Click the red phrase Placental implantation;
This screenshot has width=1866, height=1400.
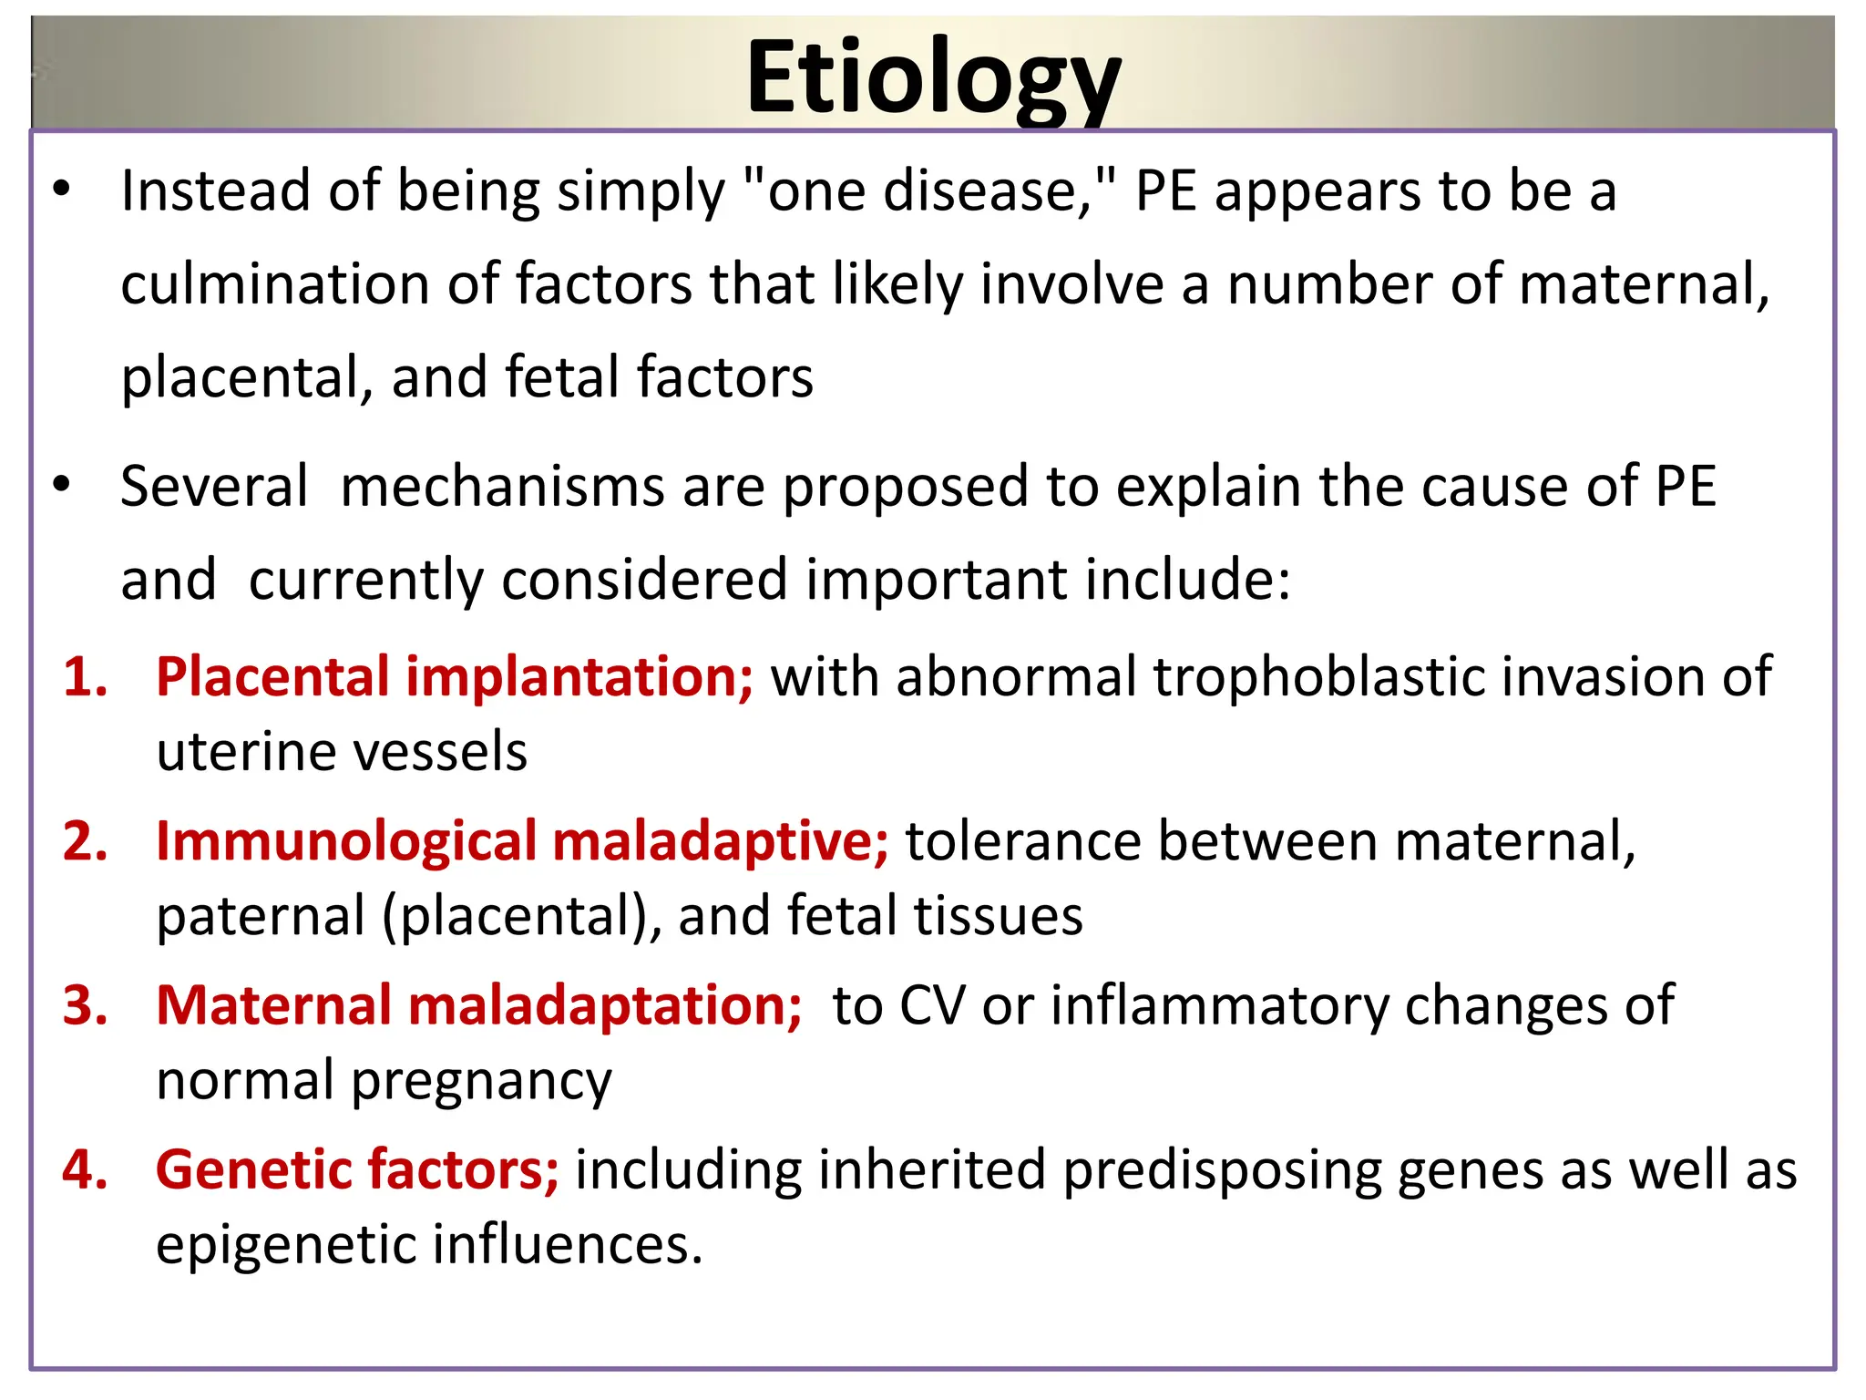click(454, 677)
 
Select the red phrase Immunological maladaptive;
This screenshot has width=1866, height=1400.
click(521, 840)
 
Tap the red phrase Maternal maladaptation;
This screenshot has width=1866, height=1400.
click(478, 1005)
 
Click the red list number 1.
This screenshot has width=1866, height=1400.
click(85, 677)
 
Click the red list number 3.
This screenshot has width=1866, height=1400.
click(85, 1005)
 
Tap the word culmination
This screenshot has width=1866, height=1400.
click(274, 284)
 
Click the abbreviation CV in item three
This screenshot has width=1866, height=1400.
click(932, 1005)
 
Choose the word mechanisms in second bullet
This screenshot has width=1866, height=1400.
click(502, 487)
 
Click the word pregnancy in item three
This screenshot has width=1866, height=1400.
click(481, 1081)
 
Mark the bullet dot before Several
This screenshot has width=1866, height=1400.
click(61, 484)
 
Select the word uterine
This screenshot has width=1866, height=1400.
click(246, 752)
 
